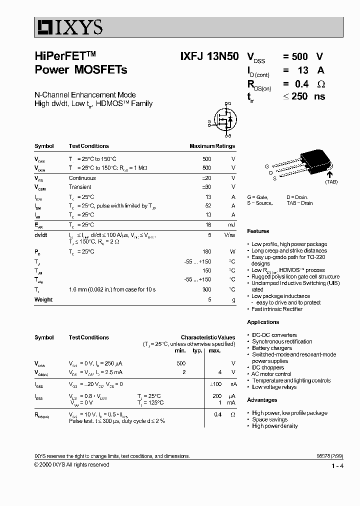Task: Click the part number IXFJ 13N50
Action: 209,57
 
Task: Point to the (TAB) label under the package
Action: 331,182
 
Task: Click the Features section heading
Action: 258,231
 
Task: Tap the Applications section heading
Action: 263,322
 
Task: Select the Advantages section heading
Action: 262,400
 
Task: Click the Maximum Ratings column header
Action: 212,146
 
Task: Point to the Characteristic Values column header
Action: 207,337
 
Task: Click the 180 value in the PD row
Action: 206,252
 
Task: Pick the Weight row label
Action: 43,299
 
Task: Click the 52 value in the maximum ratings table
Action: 207,206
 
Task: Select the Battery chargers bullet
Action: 271,348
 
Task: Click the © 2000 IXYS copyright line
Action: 71,464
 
